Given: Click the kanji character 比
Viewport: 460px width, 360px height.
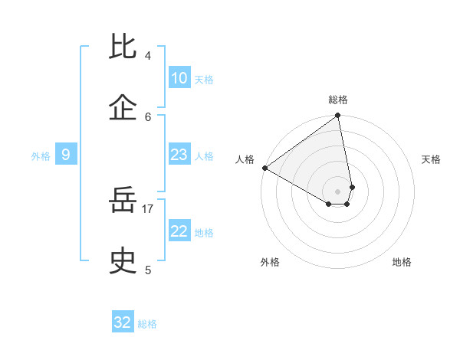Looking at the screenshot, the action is [123, 48].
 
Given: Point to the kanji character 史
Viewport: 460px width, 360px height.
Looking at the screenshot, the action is [123, 262].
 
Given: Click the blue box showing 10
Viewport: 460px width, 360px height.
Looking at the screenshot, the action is [179, 78].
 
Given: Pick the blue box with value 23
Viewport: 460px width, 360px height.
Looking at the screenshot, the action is [179, 155].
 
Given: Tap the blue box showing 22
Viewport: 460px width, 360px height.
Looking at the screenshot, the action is [179, 231].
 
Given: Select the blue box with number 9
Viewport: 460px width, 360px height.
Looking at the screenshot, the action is [66, 155].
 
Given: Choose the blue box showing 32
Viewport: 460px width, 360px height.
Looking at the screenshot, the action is [123, 322].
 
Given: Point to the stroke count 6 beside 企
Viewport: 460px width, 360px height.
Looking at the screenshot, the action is [148, 116].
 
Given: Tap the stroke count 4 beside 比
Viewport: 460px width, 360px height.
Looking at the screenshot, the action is [148, 56].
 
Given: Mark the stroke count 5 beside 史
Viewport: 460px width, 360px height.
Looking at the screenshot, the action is [148, 270].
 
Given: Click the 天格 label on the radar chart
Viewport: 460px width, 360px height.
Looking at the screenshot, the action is [431, 159].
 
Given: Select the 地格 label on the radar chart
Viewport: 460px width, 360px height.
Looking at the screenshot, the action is [402, 262].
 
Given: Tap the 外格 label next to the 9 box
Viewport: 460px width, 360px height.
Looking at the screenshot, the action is [41, 156].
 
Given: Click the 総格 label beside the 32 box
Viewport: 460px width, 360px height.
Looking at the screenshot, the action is [147, 324].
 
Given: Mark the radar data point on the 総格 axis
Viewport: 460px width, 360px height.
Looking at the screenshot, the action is [337, 116].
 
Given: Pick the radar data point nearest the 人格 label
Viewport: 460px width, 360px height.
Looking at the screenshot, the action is [264, 168].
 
